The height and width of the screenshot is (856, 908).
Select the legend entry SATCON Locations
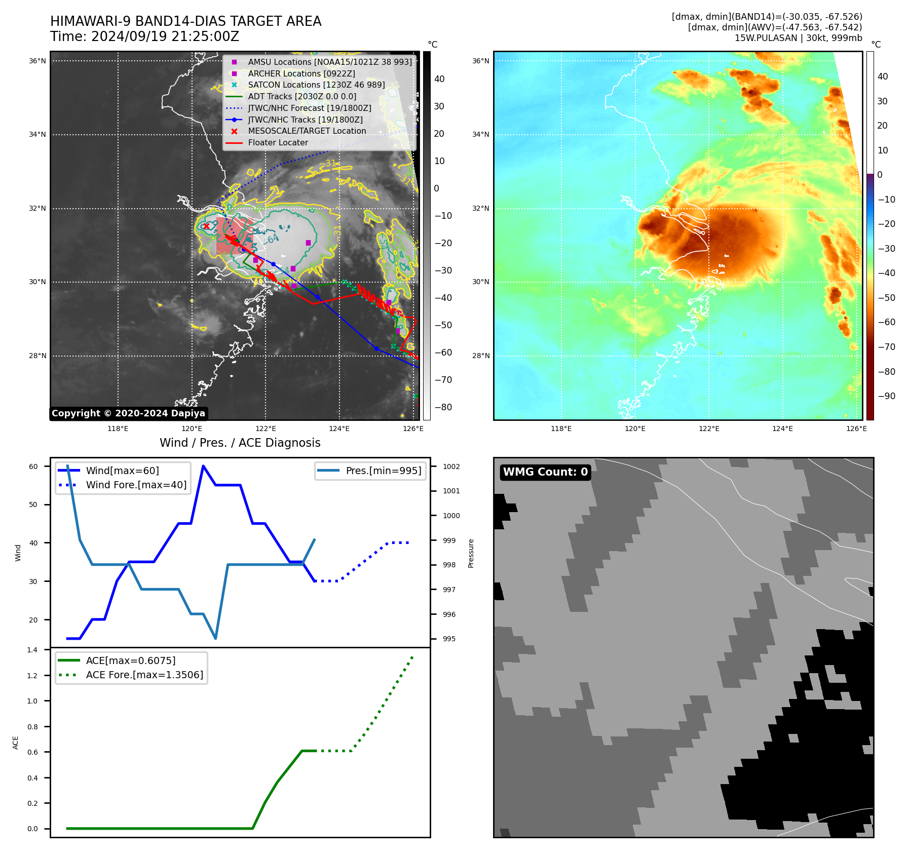[316, 85]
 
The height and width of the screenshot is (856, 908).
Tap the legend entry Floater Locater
[278, 143]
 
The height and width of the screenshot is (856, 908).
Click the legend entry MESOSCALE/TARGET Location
[307, 131]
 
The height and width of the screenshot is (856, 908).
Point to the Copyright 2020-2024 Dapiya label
[128, 413]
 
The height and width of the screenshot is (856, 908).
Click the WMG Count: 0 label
[545, 472]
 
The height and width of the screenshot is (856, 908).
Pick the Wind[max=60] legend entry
[122, 471]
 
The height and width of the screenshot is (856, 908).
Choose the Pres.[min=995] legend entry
[383, 471]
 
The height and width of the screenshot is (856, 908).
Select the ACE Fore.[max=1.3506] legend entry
[144, 675]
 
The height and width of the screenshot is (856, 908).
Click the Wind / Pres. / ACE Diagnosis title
[240, 443]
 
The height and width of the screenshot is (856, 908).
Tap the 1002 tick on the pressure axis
[451, 466]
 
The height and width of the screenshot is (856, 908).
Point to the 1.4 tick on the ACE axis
[32, 650]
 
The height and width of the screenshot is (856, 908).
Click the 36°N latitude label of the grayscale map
[37, 61]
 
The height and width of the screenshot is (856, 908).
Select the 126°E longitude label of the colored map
[856, 429]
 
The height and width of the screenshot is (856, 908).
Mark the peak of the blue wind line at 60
[203, 466]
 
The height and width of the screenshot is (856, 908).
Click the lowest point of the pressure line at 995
[216, 638]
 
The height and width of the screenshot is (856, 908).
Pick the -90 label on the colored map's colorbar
[886, 396]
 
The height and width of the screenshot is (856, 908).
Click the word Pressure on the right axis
[471, 553]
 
